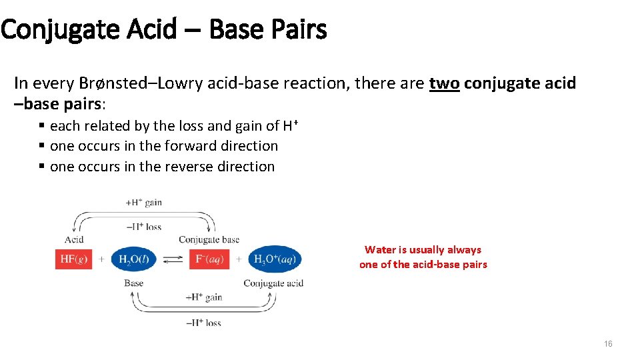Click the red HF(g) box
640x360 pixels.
coord(73,259)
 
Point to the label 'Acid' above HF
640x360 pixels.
coord(74,239)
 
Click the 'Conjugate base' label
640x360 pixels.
coord(209,239)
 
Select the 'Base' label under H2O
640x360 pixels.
coord(133,283)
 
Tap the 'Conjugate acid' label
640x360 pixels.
coord(273,283)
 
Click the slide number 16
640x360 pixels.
coord(607,344)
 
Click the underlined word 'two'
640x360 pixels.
coord(444,83)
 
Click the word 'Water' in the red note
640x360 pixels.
coord(380,250)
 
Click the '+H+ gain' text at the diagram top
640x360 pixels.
coord(143,202)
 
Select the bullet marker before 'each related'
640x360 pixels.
coord(42,125)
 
